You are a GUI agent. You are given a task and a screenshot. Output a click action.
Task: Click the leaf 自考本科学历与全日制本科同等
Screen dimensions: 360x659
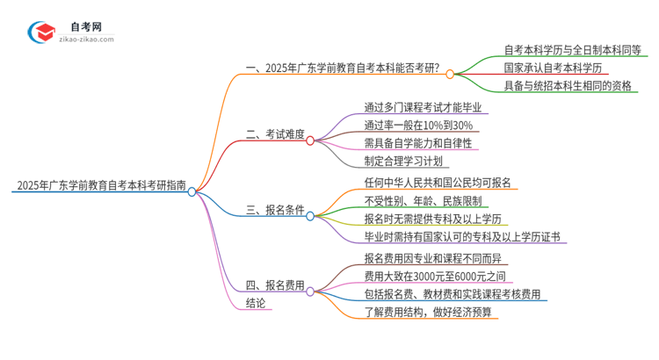pyautogui.click(x=572, y=49)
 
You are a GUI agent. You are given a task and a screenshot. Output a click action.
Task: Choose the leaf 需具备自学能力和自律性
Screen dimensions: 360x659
pyautogui.click(x=417, y=143)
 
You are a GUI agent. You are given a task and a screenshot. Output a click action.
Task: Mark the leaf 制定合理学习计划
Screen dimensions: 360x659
pyautogui.click(x=407, y=162)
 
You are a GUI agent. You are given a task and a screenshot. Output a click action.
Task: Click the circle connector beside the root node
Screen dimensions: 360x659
pyautogui.click(x=192, y=191)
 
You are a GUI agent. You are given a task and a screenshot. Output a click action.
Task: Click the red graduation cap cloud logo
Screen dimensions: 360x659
pyautogui.click(x=40, y=32)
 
